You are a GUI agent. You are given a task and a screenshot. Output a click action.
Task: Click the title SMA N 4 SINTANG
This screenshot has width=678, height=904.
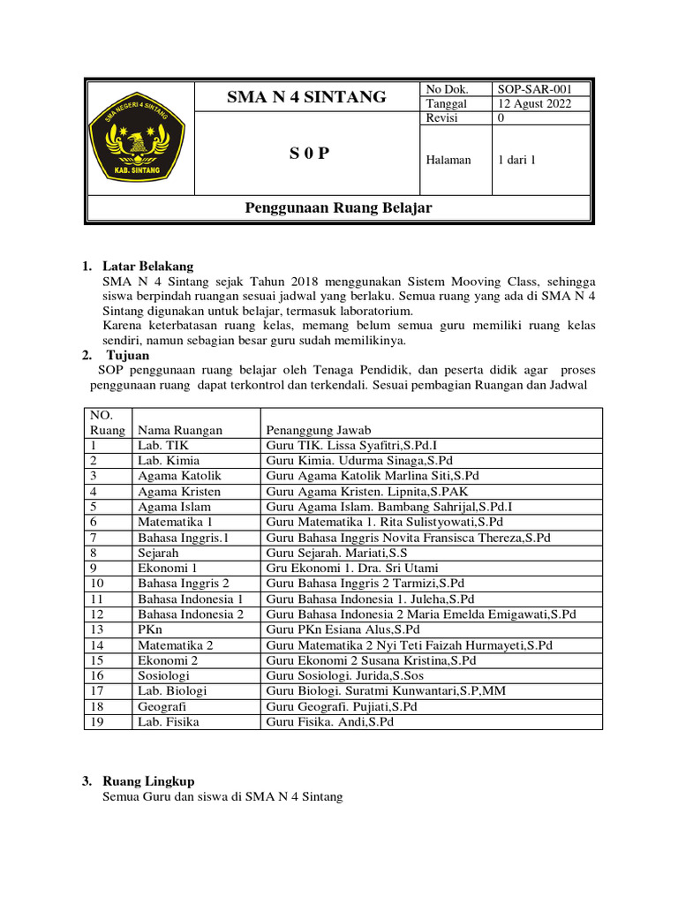pyautogui.click(x=306, y=97)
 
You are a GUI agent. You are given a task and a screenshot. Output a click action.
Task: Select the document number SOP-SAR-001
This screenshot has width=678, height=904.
pyautogui.click(x=534, y=89)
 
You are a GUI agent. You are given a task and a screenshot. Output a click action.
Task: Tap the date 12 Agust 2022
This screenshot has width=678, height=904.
pyautogui.click(x=534, y=103)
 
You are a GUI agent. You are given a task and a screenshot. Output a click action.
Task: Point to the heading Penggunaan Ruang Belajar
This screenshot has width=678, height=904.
pyautogui.click(x=337, y=207)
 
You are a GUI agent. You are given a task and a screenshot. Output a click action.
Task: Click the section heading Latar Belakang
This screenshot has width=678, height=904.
pyautogui.click(x=147, y=266)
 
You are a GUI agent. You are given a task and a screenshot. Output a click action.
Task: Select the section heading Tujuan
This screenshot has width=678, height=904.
pyautogui.click(x=128, y=355)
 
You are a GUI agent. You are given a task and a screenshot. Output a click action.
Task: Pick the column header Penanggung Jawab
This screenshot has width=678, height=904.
pyautogui.click(x=319, y=430)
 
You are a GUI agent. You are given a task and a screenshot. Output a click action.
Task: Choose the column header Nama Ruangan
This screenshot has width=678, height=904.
pyautogui.click(x=180, y=430)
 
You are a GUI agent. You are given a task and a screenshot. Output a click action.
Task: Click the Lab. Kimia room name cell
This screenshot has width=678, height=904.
pyautogui.click(x=169, y=460)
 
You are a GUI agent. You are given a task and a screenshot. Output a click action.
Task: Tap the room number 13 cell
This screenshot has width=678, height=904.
pyautogui.click(x=97, y=629)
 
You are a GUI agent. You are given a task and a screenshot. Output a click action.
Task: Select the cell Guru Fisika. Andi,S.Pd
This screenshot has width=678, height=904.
pyautogui.click(x=329, y=721)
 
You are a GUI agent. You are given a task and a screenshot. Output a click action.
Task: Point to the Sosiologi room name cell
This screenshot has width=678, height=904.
pyautogui.click(x=163, y=675)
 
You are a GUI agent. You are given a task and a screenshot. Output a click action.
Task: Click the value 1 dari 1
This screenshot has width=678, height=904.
pyautogui.click(x=517, y=160)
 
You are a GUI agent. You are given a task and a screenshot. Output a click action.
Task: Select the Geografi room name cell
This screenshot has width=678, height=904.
pyautogui.click(x=162, y=706)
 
